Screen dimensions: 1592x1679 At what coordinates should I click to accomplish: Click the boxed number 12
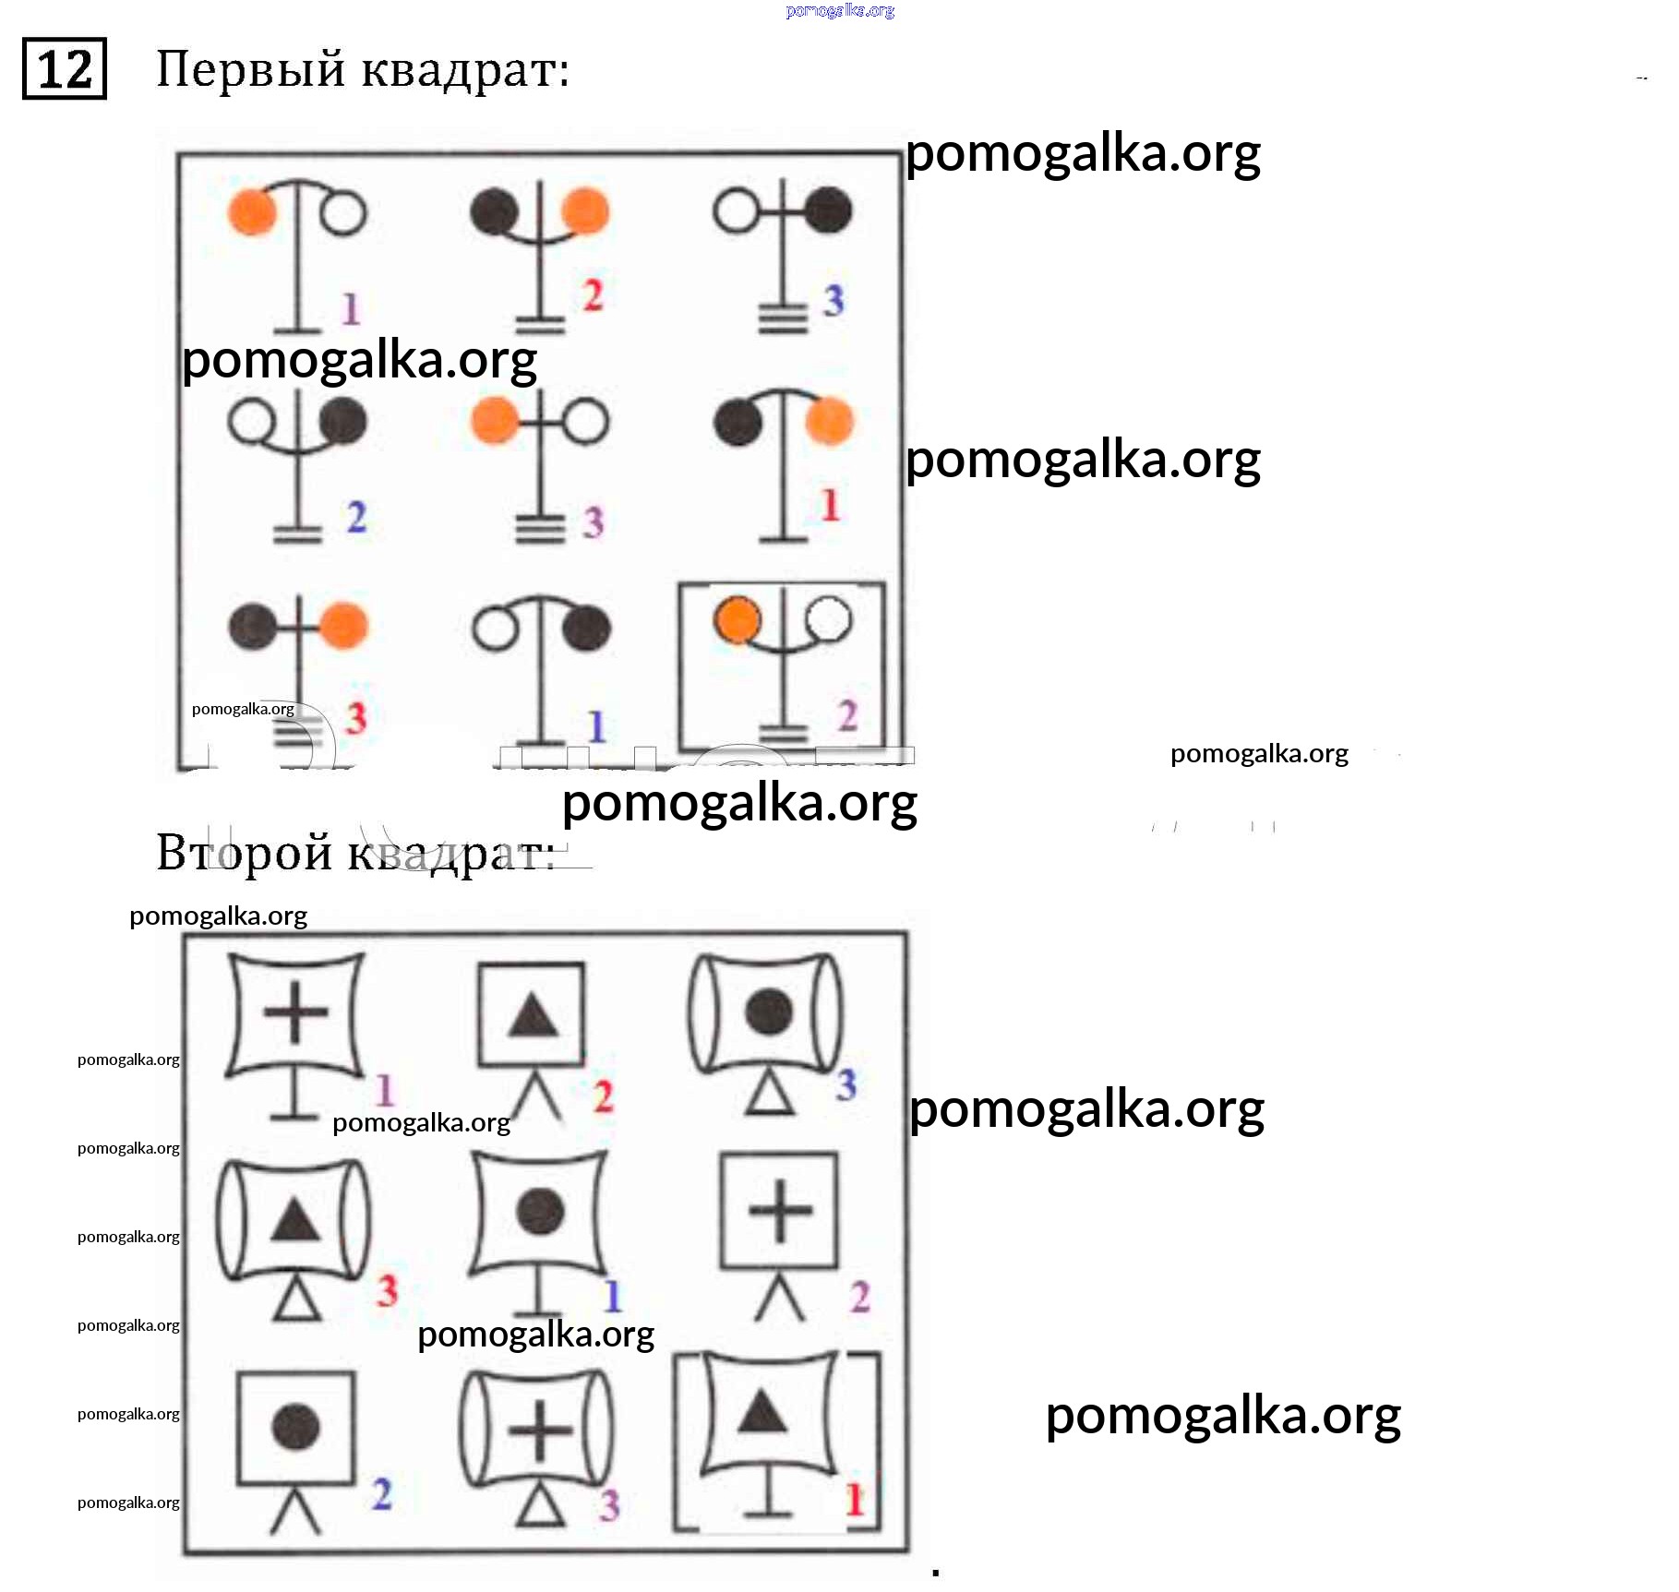[x=64, y=69]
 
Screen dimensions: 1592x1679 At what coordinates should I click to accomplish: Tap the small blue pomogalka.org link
[x=840, y=10]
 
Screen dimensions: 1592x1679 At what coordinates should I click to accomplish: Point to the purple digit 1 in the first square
[x=350, y=308]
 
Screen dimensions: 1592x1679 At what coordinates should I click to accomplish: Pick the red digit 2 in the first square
[x=593, y=294]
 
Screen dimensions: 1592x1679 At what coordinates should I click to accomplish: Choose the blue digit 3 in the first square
[x=834, y=300]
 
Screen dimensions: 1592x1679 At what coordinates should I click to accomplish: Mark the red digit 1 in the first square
[x=830, y=505]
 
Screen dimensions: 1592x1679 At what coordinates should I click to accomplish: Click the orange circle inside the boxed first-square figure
[x=737, y=619]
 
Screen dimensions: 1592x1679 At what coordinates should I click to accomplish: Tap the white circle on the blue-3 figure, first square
[x=736, y=210]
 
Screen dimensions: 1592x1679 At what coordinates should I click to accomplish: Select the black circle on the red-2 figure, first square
[x=494, y=210]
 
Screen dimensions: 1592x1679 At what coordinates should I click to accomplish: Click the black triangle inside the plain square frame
[x=533, y=1015]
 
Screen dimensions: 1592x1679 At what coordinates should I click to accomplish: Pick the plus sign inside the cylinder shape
[x=540, y=1430]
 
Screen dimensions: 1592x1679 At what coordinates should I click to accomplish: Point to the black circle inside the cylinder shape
[x=767, y=1011]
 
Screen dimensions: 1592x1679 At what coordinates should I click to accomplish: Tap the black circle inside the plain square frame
[x=295, y=1426]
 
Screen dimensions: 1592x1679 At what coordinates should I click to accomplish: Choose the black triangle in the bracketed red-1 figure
[x=762, y=1411]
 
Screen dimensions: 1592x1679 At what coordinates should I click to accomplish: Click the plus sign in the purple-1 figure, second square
[x=295, y=1011]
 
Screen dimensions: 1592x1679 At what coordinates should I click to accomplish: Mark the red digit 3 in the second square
[x=387, y=1289]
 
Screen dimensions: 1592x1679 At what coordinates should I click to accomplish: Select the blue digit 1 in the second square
[x=613, y=1296]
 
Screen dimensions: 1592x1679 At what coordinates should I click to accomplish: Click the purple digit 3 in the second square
[x=608, y=1504]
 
